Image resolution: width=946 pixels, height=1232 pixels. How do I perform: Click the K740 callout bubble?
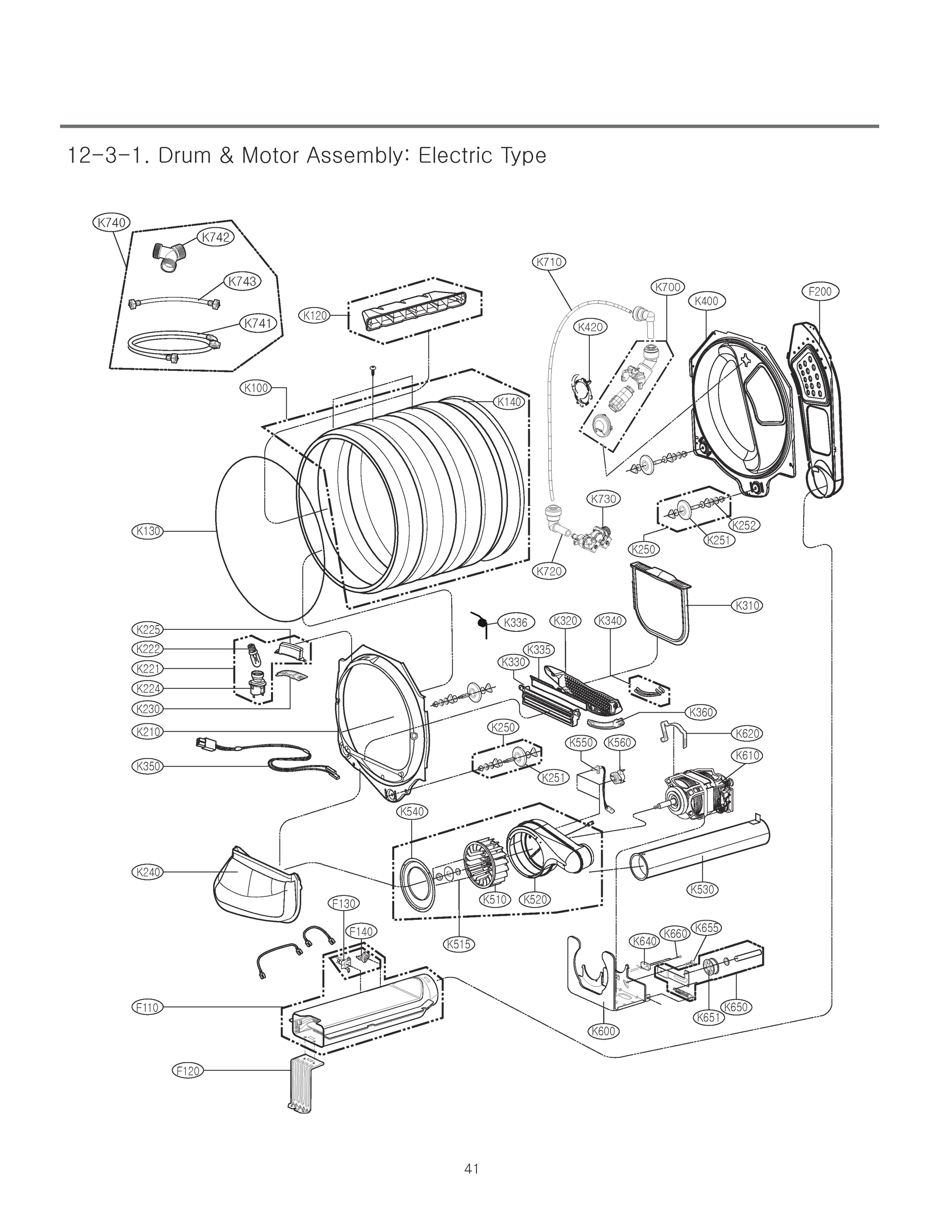coord(111,222)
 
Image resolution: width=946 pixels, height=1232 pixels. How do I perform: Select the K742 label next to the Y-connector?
coord(216,237)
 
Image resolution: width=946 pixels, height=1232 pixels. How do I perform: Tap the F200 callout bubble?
coord(819,291)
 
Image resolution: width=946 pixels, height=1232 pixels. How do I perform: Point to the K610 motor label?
coord(747,755)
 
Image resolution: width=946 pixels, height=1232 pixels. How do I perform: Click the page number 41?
coord(471,1168)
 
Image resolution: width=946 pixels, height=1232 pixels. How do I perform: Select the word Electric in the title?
coord(447,156)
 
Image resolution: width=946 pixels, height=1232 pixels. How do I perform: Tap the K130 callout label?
coord(146,530)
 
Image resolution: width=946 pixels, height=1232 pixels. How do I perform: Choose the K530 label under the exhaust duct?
coord(702,889)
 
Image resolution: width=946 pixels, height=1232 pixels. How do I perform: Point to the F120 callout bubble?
coord(187,1070)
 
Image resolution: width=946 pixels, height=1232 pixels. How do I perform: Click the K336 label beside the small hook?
coord(515,622)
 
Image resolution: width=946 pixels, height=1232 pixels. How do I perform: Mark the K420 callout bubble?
coord(590,327)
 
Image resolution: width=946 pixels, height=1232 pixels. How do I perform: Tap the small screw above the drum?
coord(373,368)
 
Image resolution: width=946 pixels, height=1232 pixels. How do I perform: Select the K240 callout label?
coord(147,872)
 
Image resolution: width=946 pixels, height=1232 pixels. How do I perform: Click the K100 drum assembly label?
coord(256,388)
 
